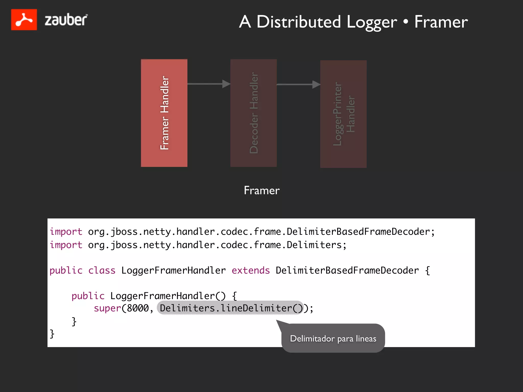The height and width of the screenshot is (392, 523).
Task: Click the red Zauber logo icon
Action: [24, 20]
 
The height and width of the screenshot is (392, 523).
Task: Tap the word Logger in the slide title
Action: [372, 22]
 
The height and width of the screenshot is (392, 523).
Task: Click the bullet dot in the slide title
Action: [406, 22]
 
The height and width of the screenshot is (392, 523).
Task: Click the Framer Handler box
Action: [164, 113]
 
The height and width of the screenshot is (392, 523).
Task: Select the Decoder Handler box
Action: [254, 113]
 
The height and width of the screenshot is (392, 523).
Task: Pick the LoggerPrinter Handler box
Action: [343, 114]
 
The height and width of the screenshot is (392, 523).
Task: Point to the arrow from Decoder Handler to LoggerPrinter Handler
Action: [299, 84]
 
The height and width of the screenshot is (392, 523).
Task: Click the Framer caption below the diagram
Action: [262, 190]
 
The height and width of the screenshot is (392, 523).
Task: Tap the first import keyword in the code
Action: [66, 232]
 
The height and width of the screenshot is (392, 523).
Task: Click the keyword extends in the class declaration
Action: [251, 271]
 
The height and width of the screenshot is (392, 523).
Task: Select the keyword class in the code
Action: [102, 271]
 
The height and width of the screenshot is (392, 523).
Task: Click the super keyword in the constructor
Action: [107, 308]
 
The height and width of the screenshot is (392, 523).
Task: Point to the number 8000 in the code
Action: [138, 308]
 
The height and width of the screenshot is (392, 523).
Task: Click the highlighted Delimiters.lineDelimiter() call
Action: [230, 308]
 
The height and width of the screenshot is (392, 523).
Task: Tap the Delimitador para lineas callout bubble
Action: [333, 338]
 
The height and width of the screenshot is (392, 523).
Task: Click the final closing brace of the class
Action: [52, 334]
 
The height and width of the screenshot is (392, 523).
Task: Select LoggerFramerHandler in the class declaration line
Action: [173, 271]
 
